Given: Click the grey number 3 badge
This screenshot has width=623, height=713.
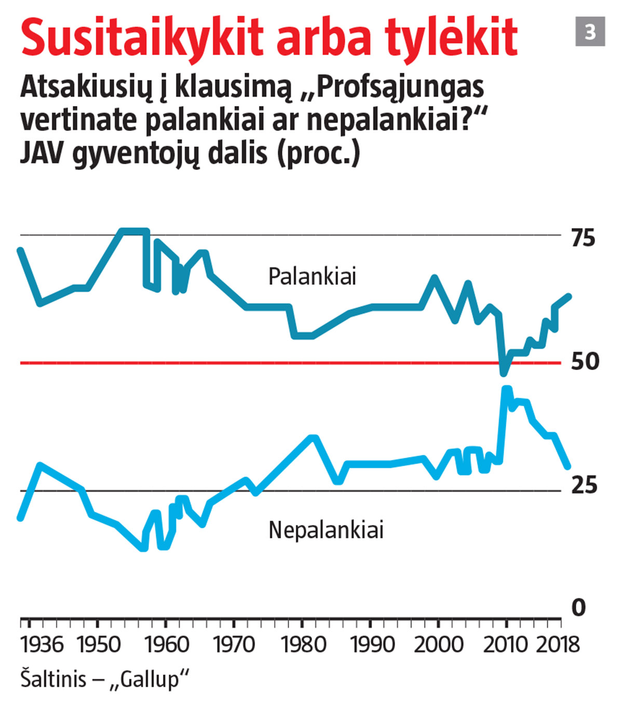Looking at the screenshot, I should [x=590, y=32].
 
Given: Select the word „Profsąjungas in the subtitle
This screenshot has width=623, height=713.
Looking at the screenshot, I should [x=393, y=87].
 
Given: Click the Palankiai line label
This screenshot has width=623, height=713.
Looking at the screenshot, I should [x=312, y=276].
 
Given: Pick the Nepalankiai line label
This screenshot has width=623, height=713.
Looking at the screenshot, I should [x=326, y=530].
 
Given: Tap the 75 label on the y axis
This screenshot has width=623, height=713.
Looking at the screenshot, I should [x=583, y=238].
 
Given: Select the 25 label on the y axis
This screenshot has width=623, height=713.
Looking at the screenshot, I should [x=584, y=485].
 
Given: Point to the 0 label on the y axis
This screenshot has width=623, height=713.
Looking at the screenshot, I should [x=578, y=607].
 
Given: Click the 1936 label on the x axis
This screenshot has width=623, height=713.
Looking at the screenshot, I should [x=42, y=644].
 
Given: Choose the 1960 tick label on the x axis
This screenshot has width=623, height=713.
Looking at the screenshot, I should [x=167, y=644].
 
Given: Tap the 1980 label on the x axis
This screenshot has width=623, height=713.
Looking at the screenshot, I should [x=303, y=644].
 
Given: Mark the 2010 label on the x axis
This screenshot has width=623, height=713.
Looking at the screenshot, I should [x=505, y=644].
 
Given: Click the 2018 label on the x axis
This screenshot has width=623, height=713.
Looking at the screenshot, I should [x=558, y=644].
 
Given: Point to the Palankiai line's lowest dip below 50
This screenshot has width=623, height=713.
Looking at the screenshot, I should [x=503, y=372].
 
